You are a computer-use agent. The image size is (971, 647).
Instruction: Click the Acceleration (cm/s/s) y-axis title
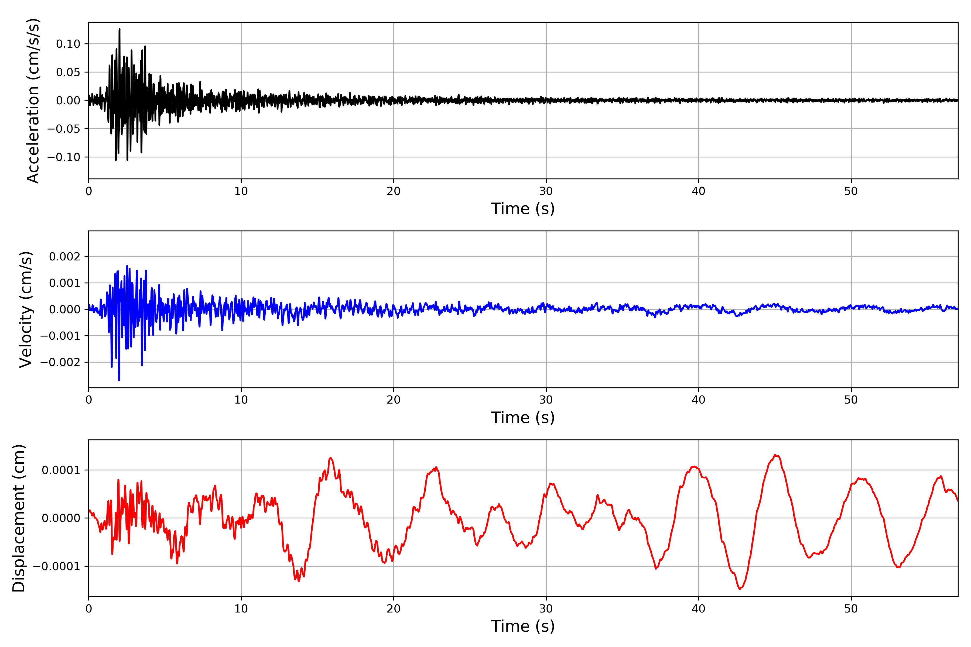click(x=33, y=101)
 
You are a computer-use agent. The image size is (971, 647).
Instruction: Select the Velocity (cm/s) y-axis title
click(x=26, y=309)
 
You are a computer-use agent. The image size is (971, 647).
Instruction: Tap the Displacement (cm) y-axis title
click(x=19, y=518)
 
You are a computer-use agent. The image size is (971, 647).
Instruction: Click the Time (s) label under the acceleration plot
click(x=523, y=209)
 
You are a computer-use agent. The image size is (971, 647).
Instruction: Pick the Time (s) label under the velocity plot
click(x=523, y=418)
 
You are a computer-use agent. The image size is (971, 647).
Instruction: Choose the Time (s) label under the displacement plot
click(x=523, y=626)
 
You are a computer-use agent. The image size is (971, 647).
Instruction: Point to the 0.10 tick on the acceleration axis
click(x=68, y=44)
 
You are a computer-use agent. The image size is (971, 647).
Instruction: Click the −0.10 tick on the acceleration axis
click(x=64, y=157)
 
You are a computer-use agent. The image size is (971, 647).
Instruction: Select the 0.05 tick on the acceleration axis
click(x=68, y=72)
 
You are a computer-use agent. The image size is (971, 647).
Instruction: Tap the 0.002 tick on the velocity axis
click(x=64, y=257)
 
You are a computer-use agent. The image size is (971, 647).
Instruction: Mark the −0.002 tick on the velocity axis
click(x=60, y=362)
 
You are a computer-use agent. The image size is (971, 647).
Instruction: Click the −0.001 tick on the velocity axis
click(x=60, y=336)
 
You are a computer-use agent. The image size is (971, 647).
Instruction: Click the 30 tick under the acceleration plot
click(x=546, y=191)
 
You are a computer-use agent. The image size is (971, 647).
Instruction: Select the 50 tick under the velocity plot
click(x=851, y=400)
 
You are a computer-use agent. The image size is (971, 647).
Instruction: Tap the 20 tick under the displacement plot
click(x=394, y=609)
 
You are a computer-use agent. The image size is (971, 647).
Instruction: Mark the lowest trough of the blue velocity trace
click(x=119, y=380)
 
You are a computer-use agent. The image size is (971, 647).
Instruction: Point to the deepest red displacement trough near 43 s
click(x=739, y=589)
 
